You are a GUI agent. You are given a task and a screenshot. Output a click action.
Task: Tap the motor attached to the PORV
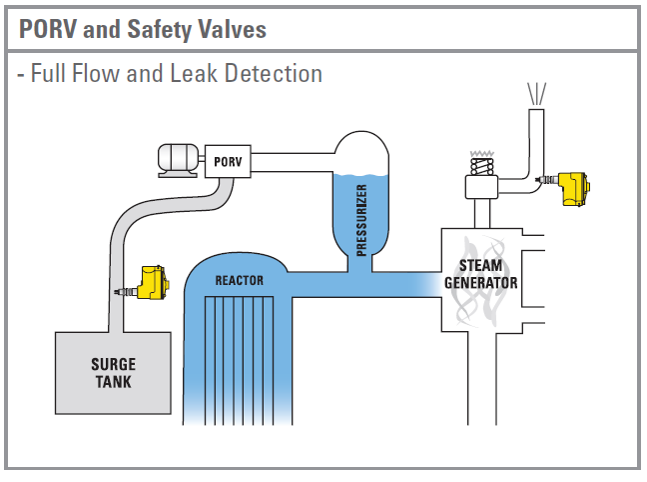pyautogui.click(x=180, y=159)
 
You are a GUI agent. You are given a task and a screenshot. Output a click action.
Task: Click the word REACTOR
pyautogui.click(x=240, y=281)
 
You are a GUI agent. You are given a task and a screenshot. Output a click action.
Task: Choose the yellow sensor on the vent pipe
pyautogui.click(x=571, y=186)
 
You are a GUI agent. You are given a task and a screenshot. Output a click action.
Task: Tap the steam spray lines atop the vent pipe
pyautogui.click(x=538, y=93)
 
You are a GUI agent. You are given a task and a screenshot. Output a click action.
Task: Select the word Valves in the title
pyautogui.click(x=233, y=29)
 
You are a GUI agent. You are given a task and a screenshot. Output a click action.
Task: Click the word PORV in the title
pyautogui.click(x=47, y=29)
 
